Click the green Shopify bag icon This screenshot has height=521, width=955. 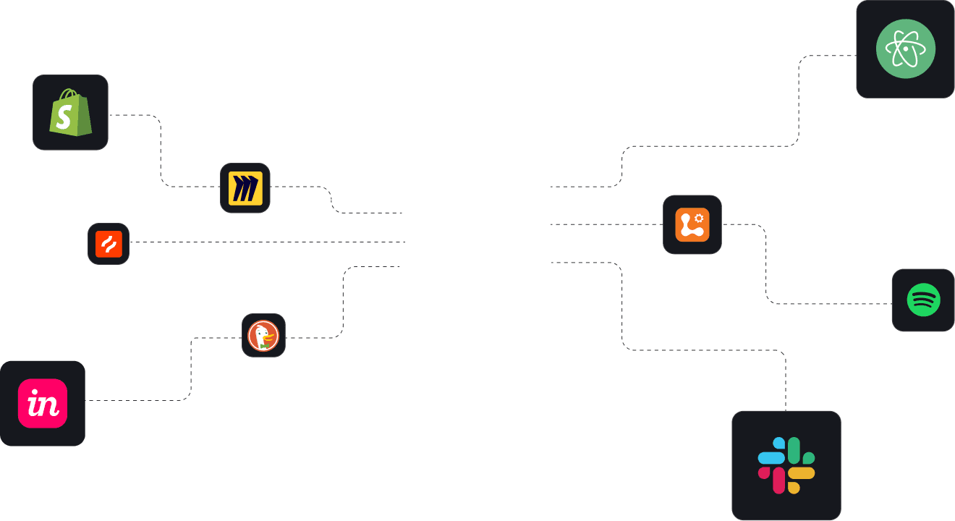(70, 113)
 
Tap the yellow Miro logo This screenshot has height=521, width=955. (245, 188)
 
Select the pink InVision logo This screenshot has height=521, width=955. (43, 403)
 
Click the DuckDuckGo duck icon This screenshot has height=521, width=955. (263, 336)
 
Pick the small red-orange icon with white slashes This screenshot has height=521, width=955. (109, 244)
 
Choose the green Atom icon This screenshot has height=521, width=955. (905, 49)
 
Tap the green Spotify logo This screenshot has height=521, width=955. (923, 300)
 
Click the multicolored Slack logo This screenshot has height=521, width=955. (786, 465)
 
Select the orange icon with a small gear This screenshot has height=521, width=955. (692, 224)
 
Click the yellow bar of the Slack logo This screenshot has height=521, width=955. (801, 473)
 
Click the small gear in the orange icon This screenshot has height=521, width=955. (699, 217)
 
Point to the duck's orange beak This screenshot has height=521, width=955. (270, 336)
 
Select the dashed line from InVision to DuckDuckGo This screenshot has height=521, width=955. (191, 369)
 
